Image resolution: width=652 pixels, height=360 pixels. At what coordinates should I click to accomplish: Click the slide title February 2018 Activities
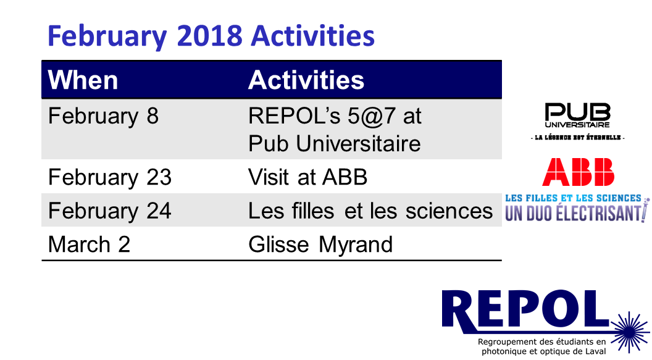pyautogui.click(x=211, y=36)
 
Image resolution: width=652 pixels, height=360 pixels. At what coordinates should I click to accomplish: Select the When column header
pyautogui.click(x=83, y=80)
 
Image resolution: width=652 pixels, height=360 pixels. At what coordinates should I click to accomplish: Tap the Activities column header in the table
pyautogui.click(x=306, y=80)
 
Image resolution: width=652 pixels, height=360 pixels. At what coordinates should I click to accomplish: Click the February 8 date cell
pyautogui.click(x=103, y=116)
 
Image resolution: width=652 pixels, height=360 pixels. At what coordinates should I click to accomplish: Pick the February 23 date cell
pyautogui.click(x=110, y=177)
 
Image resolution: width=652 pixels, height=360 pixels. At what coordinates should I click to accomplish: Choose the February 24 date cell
pyautogui.click(x=110, y=211)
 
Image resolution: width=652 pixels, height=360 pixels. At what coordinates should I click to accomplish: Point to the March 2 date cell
pyautogui.click(x=89, y=244)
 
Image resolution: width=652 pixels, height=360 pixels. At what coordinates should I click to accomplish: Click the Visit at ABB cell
pyautogui.click(x=307, y=177)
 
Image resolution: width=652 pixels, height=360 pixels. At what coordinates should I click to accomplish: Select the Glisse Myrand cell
pyautogui.click(x=320, y=245)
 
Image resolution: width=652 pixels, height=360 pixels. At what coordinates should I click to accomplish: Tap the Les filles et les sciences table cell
pyautogui.click(x=370, y=211)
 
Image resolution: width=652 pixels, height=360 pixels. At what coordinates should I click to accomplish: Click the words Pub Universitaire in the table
pyautogui.click(x=334, y=144)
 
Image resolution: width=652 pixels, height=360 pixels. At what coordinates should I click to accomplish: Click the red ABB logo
pyautogui.click(x=578, y=172)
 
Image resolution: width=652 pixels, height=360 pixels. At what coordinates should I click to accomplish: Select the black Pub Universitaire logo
pyautogui.click(x=577, y=115)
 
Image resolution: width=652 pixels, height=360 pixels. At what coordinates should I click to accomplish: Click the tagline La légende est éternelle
pyautogui.click(x=577, y=138)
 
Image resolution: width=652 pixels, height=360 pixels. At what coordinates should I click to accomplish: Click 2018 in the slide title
pyautogui.click(x=209, y=36)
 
